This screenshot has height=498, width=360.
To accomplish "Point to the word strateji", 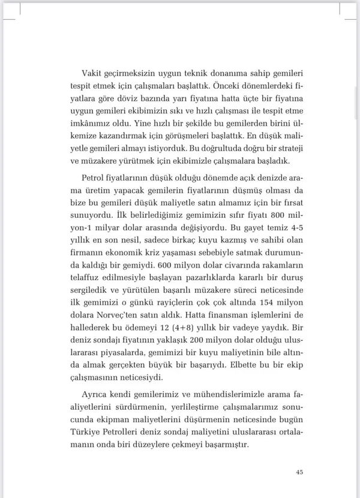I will coord(289,148).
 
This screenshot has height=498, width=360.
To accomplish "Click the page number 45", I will coord(299,472).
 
